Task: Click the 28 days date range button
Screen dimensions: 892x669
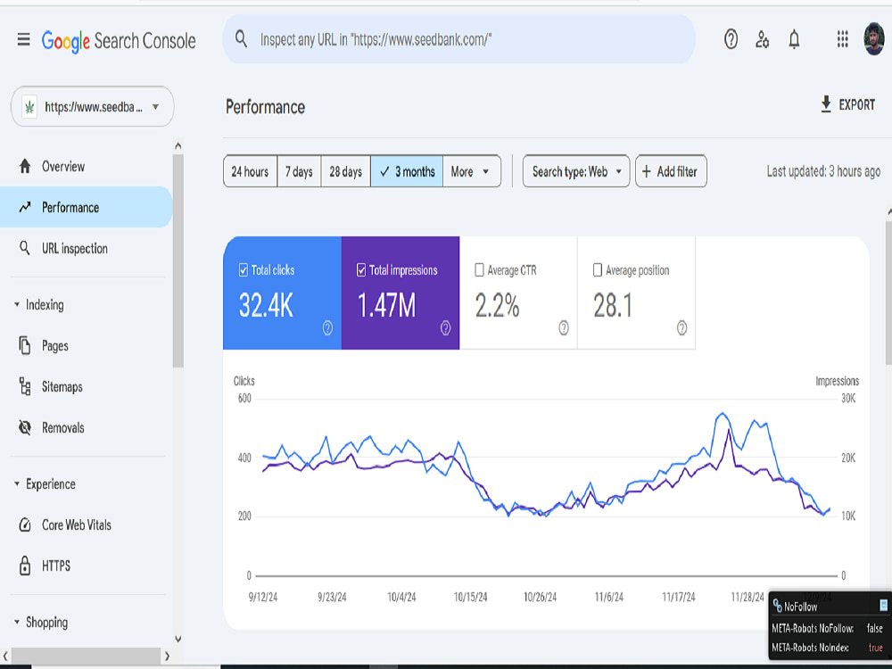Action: (x=345, y=171)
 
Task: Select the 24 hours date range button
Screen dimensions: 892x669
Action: (x=250, y=171)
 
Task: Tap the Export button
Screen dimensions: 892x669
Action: (x=847, y=104)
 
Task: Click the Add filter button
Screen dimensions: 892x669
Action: (x=671, y=171)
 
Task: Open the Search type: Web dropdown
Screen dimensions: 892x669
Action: (x=575, y=171)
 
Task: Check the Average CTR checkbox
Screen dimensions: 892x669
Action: (x=480, y=270)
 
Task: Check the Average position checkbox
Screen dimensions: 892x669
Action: (x=598, y=270)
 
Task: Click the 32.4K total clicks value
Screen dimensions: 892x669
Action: (x=266, y=305)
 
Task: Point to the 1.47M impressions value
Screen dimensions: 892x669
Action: (x=386, y=305)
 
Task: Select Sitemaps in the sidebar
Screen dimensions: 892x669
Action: (x=62, y=387)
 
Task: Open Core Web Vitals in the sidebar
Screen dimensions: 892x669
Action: (x=76, y=525)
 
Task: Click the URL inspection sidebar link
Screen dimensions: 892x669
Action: (x=75, y=249)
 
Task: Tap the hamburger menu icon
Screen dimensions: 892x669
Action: (x=23, y=40)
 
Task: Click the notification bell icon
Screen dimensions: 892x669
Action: (x=794, y=40)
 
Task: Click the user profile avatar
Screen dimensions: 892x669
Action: (x=874, y=39)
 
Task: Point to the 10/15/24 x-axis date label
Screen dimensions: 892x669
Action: (x=470, y=598)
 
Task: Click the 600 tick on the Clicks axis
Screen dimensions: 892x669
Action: (x=244, y=398)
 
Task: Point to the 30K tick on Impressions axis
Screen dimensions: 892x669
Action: (x=848, y=398)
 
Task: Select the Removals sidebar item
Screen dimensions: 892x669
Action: (x=62, y=428)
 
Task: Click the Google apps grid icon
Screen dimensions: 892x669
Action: (x=843, y=39)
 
